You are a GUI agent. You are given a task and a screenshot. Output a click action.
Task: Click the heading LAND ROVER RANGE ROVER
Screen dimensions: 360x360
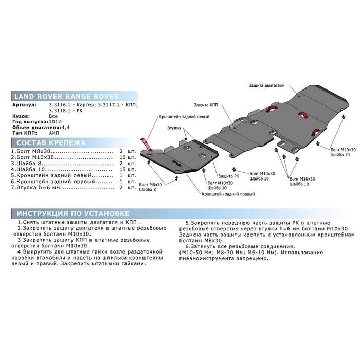click(x=66, y=96)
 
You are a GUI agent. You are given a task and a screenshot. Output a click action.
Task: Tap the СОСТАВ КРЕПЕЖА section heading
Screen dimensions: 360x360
click(x=51, y=143)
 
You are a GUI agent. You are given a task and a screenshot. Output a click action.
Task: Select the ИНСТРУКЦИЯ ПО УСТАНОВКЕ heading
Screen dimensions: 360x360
click(x=73, y=213)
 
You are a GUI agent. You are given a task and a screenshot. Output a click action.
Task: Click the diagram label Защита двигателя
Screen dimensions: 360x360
click(x=266, y=86)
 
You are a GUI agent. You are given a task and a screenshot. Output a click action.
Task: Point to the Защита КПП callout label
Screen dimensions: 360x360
click(x=206, y=105)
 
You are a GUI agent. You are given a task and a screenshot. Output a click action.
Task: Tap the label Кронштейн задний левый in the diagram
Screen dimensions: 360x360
click(x=184, y=117)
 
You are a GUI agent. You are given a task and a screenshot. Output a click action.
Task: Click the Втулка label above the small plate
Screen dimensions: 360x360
click(x=174, y=128)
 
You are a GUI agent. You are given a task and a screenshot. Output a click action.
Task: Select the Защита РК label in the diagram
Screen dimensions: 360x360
click(x=228, y=176)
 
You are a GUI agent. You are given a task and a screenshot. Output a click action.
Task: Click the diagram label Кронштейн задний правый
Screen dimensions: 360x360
click(x=228, y=194)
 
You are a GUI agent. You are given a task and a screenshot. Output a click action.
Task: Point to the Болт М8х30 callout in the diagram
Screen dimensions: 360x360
click(x=150, y=184)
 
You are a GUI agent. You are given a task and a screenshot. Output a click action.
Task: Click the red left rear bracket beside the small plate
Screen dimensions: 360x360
click(x=147, y=145)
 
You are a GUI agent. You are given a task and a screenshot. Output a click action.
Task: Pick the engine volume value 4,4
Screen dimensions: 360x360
click(x=65, y=128)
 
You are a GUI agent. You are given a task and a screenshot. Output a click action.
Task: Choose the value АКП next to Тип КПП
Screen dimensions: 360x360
click(x=54, y=133)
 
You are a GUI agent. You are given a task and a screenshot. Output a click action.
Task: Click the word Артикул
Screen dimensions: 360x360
click(x=24, y=105)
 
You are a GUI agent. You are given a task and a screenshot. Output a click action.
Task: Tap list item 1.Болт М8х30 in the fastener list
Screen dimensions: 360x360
click(x=30, y=151)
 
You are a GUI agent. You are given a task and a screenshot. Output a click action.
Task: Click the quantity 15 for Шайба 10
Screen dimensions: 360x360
click(x=122, y=169)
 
